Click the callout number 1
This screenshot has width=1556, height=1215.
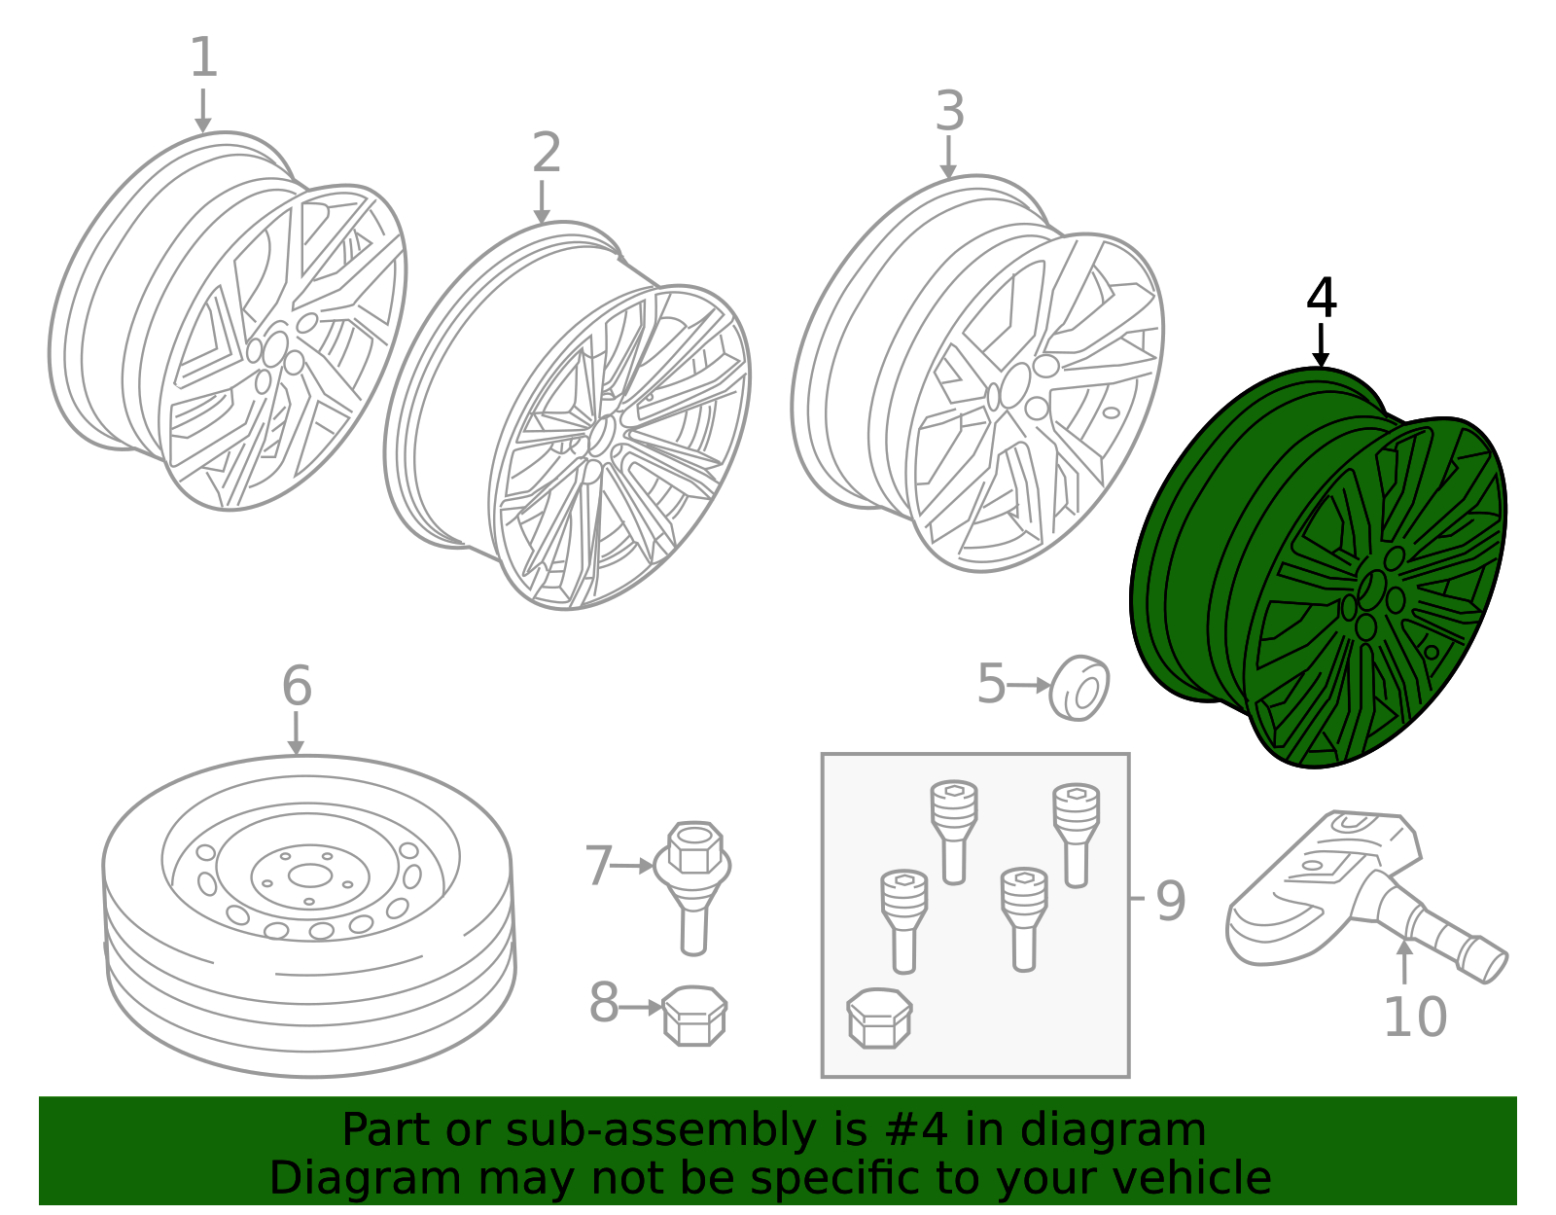[x=203, y=57]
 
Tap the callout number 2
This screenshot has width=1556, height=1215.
[x=548, y=153]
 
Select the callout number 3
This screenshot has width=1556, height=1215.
[x=950, y=111]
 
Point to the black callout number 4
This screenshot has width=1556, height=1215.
[x=1321, y=298]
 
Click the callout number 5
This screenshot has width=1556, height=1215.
[x=992, y=684]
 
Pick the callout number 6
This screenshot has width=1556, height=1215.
[x=298, y=685]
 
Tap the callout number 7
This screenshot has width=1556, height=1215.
[x=599, y=866]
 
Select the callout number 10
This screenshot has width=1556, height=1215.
[x=1415, y=1018]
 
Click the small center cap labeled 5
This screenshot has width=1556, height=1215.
[x=1079, y=688]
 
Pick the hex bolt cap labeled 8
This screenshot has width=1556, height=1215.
[x=693, y=1016]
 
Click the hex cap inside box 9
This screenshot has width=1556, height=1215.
[x=879, y=1018]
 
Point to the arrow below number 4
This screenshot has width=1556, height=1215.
[x=1321, y=345]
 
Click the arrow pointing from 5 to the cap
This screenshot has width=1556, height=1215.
[x=1028, y=685]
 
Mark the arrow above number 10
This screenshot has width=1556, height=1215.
[x=1405, y=961]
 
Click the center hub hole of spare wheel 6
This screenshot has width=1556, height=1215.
[x=309, y=876]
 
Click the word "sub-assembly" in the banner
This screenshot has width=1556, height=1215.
[x=660, y=1130]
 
